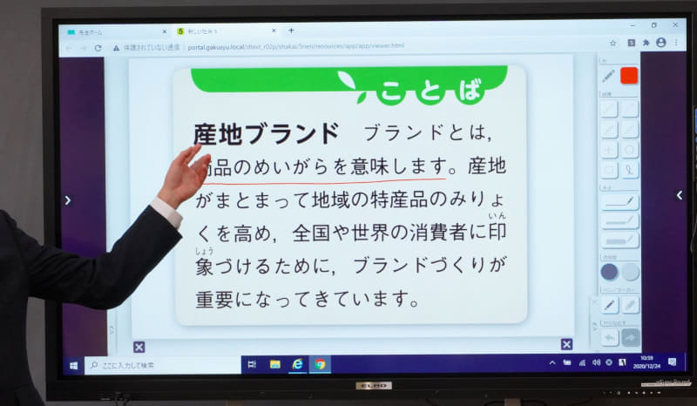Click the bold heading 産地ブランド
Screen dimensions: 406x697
(265, 133)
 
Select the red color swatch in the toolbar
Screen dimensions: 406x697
(628, 76)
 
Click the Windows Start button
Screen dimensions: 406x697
(73, 364)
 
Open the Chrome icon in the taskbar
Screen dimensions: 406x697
(320, 364)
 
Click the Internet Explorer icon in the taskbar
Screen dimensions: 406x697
(297, 364)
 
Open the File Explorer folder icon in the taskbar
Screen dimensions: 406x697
(274, 364)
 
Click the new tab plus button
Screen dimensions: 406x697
(291, 30)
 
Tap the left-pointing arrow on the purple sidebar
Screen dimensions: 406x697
(68, 200)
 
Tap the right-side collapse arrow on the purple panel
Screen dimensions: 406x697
(679, 195)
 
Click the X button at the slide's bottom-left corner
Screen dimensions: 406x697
(139, 347)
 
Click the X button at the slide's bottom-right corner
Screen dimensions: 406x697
(566, 344)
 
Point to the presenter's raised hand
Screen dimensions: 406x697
(184, 175)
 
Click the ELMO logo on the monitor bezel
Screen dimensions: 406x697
(373, 384)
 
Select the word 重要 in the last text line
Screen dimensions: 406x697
(213, 299)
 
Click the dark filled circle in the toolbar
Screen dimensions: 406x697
(609, 272)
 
